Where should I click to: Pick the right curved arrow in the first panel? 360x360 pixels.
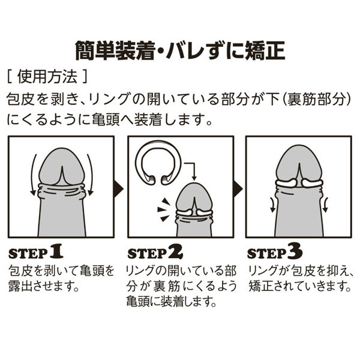[91, 174]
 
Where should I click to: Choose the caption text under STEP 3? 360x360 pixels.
[297, 278]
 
